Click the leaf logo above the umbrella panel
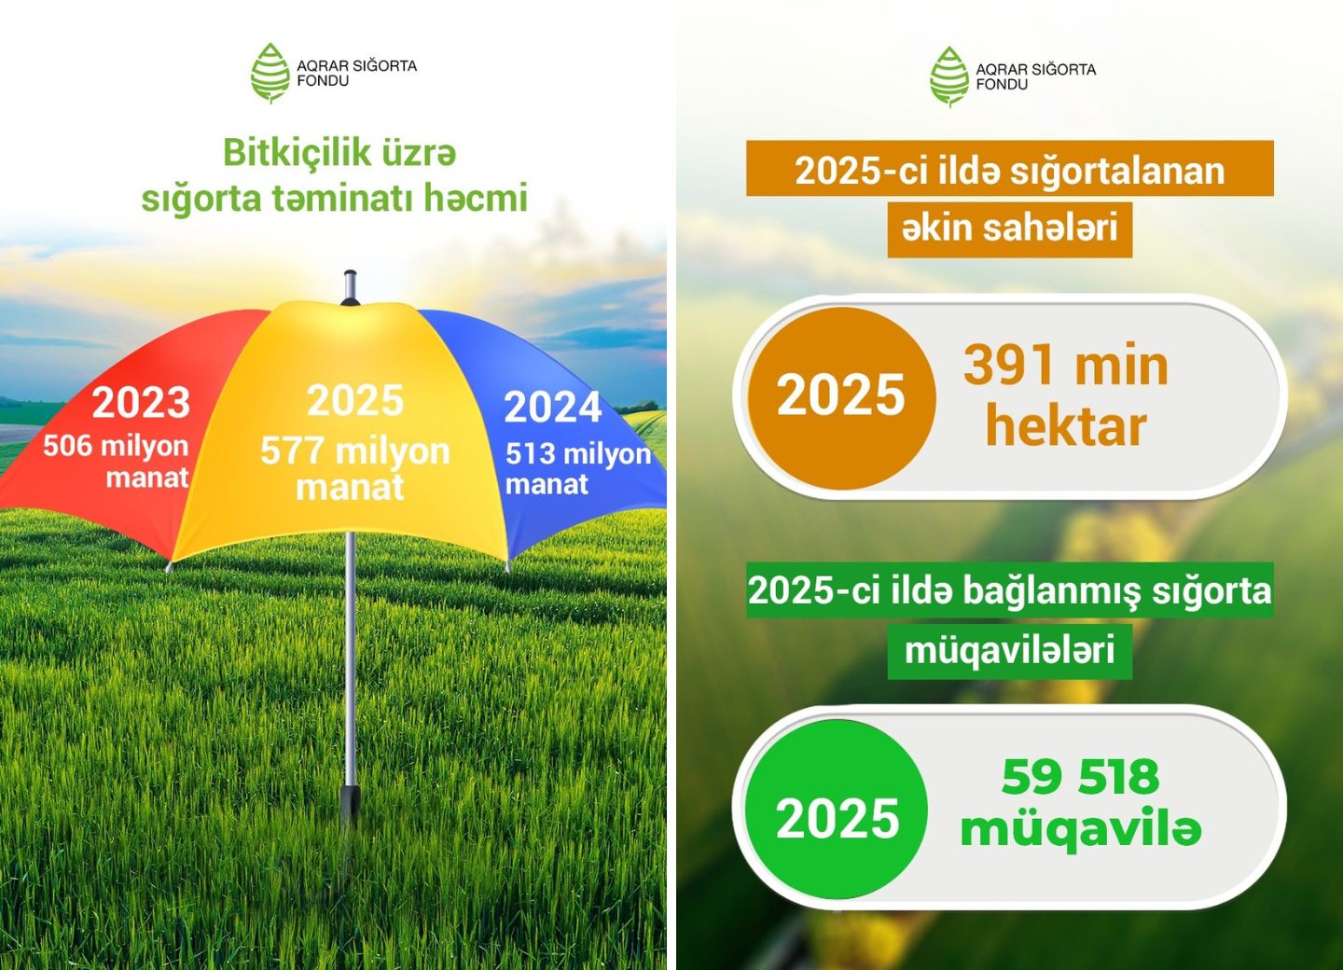270,73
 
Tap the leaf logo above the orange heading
949,76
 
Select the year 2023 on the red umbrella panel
141,402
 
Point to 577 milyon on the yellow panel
355,450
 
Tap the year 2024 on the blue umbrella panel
553,407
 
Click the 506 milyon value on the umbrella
116,446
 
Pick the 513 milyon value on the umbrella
578,454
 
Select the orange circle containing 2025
841,398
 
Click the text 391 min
1066,365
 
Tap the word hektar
1066,426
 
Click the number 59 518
1080,777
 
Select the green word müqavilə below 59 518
1080,829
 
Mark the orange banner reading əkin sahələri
1010,229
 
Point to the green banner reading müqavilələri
1010,652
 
